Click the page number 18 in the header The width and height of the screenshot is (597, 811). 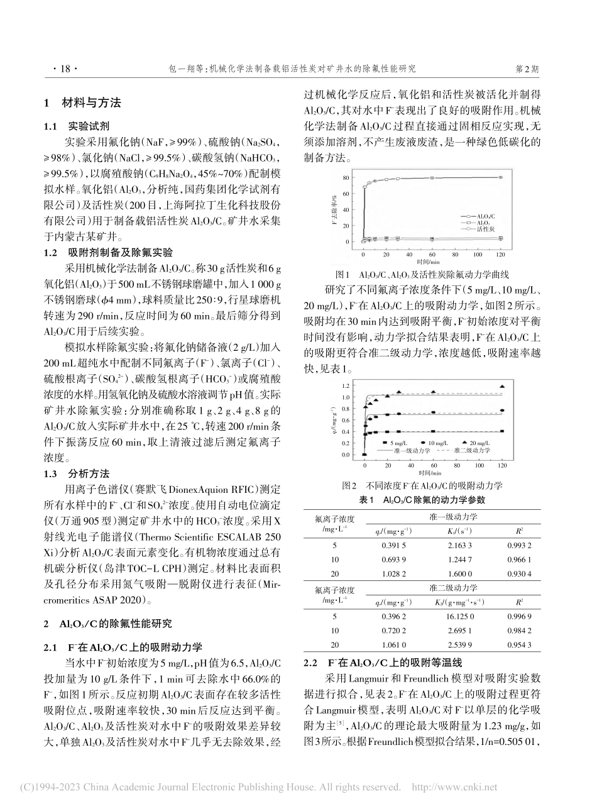pos(63,67)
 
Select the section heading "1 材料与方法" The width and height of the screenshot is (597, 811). pos(81,103)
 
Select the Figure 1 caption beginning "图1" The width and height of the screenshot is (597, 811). pos(433,275)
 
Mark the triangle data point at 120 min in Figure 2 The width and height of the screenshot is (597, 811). pos(501,386)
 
